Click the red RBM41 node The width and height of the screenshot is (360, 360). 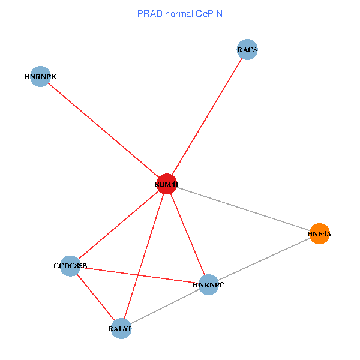coord(166,184)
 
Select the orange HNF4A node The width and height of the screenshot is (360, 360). coord(320,233)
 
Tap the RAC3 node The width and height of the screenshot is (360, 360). coord(247,50)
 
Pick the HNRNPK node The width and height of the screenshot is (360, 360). coord(40,76)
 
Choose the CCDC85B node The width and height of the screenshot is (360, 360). coord(70,265)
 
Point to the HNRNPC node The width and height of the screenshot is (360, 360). coord(208,284)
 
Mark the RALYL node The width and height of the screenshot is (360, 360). coord(121,328)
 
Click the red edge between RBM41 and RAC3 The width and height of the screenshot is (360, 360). coord(206,117)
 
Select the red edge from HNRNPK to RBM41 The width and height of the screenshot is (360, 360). coord(103,130)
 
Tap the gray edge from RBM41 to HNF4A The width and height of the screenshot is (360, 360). coord(242,209)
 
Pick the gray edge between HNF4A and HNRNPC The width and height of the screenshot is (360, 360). coord(264,259)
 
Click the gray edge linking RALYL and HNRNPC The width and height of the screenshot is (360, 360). coord(164,306)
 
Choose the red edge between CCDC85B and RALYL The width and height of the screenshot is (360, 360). coord(95,296)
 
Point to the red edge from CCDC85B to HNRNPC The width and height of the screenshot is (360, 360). coord(139,275)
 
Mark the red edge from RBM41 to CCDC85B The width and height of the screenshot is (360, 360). coord(118,225)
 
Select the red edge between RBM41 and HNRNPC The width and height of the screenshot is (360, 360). coord(187,234)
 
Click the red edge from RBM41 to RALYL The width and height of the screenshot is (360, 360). coord(143,256)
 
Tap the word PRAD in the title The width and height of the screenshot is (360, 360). coord(148,13)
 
